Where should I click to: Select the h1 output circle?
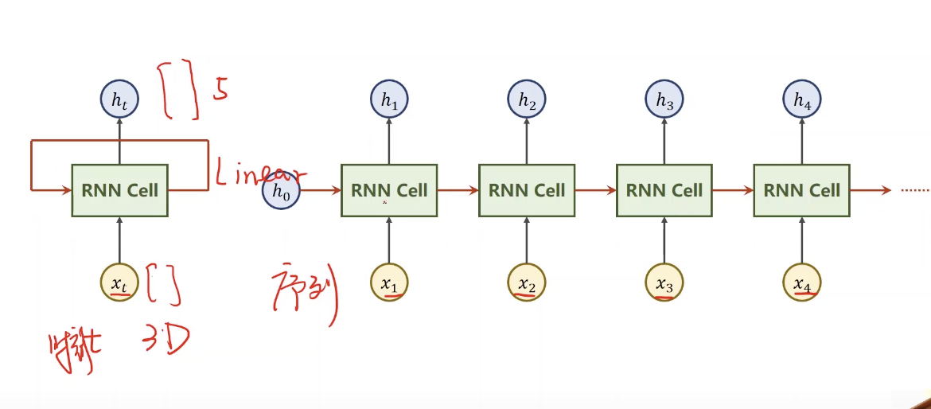click(x=389, y=101)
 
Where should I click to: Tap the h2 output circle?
click(x=527, y=101)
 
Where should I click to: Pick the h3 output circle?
click(x=664, y=101)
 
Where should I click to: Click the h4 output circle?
click(x=802, y=101)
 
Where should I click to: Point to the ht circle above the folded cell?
click(x=119, y=101)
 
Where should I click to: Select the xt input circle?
click(x=119, y=282)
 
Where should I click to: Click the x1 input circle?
click(x=389, y=282)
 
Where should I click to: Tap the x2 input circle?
click(x=527, y=282)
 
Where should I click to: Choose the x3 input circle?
click(x=664, y=282)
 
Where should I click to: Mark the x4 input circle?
click(x=802, y=282)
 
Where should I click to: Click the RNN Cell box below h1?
click(x=389, y=190)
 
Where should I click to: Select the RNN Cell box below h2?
click(x=527, y=190)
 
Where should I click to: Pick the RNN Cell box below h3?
click(x=664, y=190)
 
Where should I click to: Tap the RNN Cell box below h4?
click(x=802, y=190)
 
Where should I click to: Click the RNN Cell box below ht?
click(x=119, y=190)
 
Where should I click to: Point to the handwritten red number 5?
click(x=220, y=90)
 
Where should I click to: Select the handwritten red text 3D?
click(x=166, y=341)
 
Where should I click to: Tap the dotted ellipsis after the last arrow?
click(x=914, y=191)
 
